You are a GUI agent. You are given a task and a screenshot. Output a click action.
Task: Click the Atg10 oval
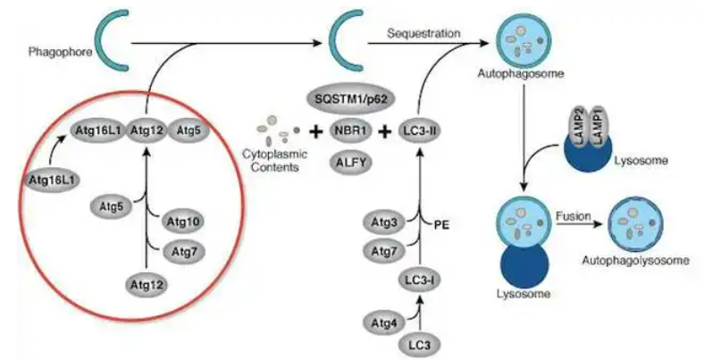click(x=183, y=222)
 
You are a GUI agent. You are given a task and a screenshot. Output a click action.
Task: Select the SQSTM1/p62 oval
click(x=351, y=99)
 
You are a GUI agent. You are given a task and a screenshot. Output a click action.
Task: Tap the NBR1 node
click(x=351, y=131)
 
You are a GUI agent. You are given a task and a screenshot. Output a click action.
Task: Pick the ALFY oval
click(x=351, y=163)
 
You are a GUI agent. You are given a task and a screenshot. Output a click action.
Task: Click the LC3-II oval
click(x=420, y=131)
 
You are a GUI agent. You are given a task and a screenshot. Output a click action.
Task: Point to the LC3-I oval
click(x=420, y=280)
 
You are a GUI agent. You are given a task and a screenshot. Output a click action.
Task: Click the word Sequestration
click(x=424, y=33)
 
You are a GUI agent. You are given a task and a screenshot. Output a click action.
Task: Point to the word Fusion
click(x=573, y=216)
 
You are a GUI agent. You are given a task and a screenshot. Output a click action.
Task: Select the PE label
click(x=441, y=224)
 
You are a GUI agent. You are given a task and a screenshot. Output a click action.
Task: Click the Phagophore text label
click(x=60, y=52)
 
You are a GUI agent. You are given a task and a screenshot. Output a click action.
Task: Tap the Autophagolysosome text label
click(x=635, y=260)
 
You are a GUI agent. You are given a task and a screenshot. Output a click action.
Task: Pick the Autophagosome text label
click(x=521, y=72)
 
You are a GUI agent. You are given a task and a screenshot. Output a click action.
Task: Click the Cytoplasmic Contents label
click(x=275, y=161)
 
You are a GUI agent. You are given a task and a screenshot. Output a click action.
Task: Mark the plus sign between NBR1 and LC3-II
click(x=385, y=132)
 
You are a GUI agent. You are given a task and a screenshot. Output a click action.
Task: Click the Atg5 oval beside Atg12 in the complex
click(x=189, y=131)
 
